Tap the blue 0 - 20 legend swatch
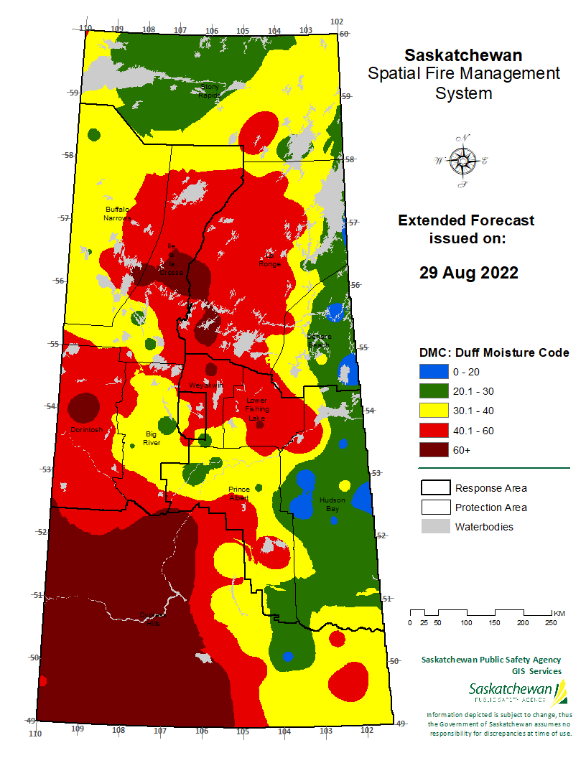click(x=433, y=372)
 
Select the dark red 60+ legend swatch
click(x=433, y=449)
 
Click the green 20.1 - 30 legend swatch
click(x=433, y=391)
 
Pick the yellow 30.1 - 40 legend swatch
click(x=433, y=411)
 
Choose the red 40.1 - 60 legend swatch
click(x=433, y=430)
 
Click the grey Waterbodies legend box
click(x=434, y=527)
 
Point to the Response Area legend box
click(x=434, y=488)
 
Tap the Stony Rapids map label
click(x=209, y=90)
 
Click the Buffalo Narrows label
click(x=116, y=213)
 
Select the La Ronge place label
click(x=271, y=259)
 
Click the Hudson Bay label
click(x=332, y=504)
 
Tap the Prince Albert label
click(x=239, y=494)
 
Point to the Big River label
click(x=152, y=439)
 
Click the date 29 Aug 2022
click(x=468, y=273)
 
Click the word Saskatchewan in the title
click(x=463, y=55)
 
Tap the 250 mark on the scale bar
click(x=551, y=622)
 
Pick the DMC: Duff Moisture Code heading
click(x=494, y=352)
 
